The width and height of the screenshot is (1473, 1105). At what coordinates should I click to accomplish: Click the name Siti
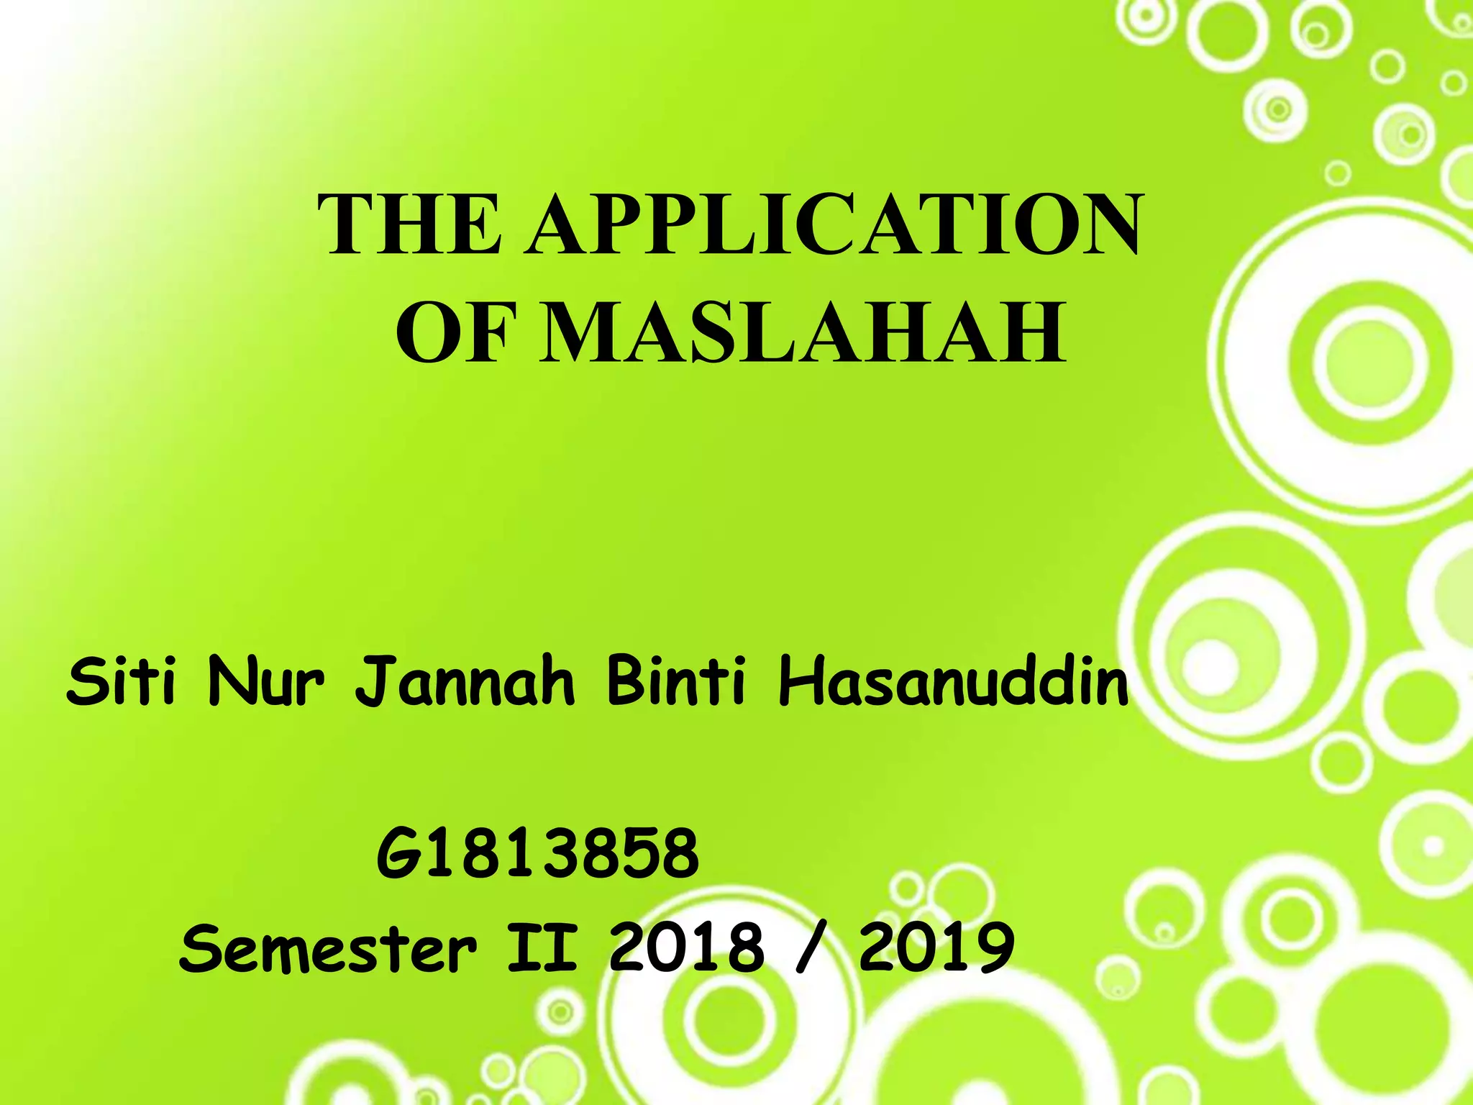pos(120,681)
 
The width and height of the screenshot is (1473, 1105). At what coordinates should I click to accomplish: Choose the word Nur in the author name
pos(265,681)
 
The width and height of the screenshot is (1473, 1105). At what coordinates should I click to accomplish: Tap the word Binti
pos(676,681)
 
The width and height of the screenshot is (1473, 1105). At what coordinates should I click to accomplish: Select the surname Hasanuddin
pos(954,681)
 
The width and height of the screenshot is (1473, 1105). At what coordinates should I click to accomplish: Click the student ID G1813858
pos(537,855)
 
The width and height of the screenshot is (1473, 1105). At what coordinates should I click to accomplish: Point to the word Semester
pos(328,948)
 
